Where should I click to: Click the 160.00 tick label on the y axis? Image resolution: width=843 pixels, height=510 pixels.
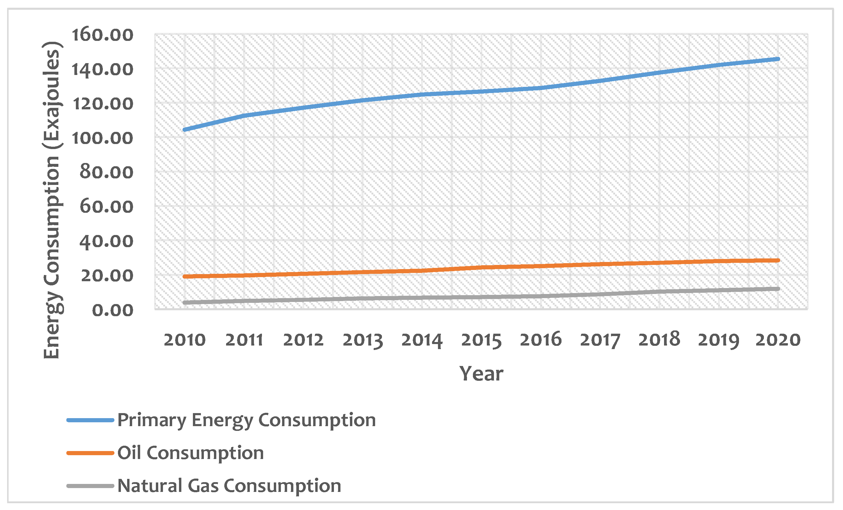[x=102, y=35]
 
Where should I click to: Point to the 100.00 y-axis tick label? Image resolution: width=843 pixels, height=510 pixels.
[x=102, y=138]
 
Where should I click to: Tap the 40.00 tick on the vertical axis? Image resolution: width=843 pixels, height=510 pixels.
[x=106, y=242]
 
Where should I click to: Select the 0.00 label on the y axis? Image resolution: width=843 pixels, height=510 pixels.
[x=113, y=310]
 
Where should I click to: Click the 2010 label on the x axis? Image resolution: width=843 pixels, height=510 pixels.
[x=184, y=340]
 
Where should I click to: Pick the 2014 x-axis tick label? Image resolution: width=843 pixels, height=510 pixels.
[x=422, y=340]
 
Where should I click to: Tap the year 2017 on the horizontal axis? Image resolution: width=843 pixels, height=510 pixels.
[x=600, y=340]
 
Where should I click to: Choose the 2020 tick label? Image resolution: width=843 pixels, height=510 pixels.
[x=778, y=340]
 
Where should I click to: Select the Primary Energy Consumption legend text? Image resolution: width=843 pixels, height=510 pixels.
[x=246, y=420]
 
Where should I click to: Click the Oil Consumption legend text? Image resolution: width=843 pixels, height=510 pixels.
[x=191, y=453]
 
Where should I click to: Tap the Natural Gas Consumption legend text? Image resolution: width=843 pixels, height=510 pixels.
[x=229, y=486]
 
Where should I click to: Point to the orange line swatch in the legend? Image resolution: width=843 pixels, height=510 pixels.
[x=90, y=453]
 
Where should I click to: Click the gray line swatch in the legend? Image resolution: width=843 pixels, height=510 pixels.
[x=90, y=486]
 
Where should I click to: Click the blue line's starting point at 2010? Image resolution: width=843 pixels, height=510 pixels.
[x=184, y=130]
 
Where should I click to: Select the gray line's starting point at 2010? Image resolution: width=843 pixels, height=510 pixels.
[x=184, y=302]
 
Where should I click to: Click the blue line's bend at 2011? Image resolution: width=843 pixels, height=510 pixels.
[x=244, y=116]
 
